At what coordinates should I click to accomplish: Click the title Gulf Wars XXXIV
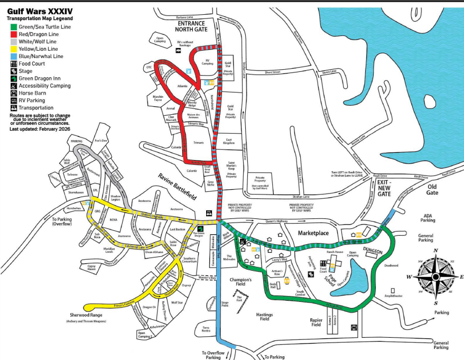(x=40, y=11)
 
